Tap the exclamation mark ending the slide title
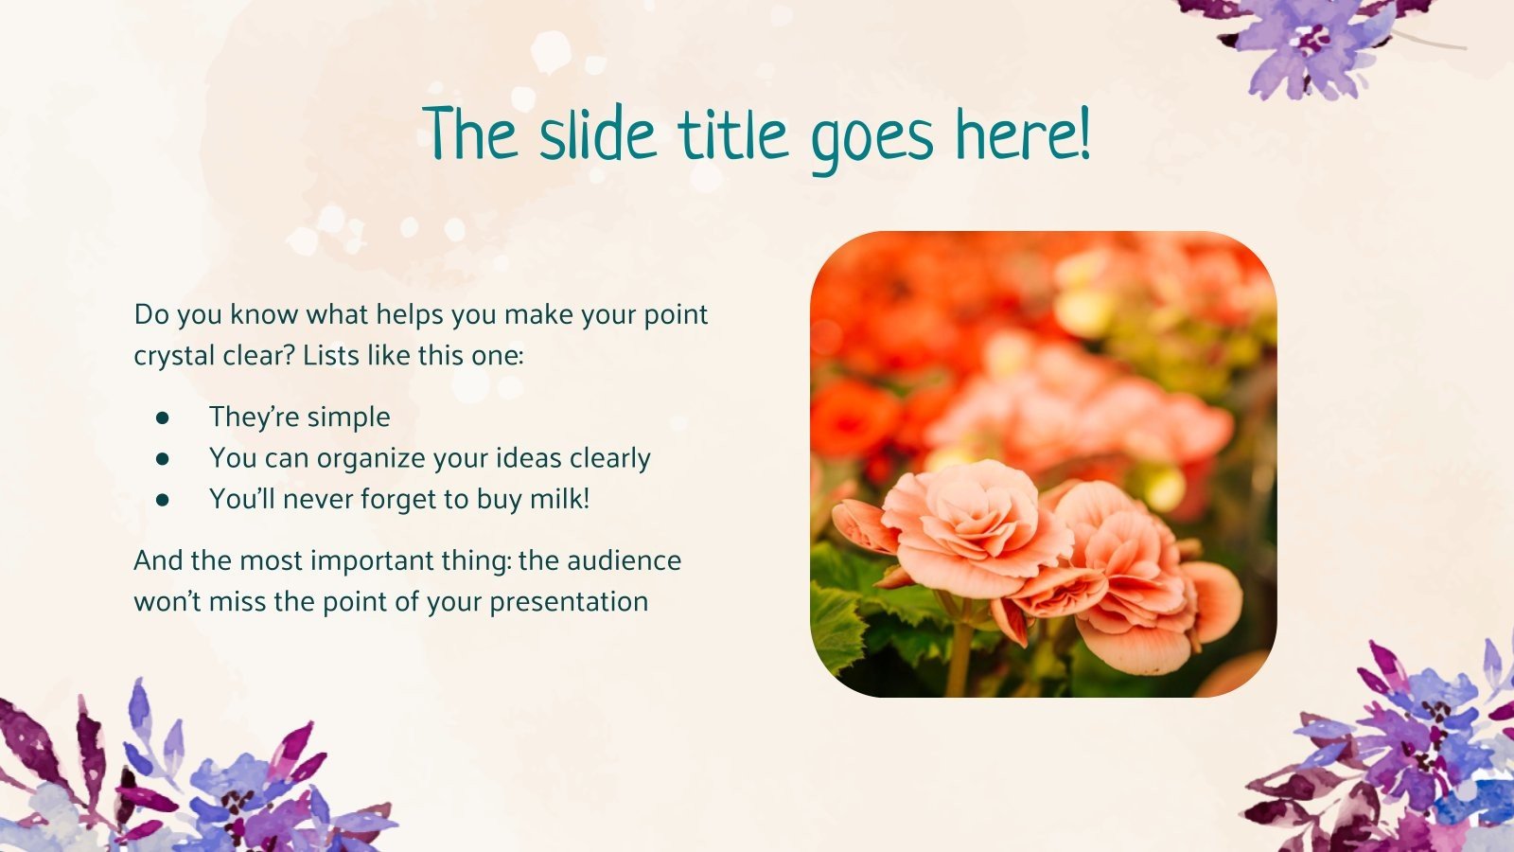coord(1083,135)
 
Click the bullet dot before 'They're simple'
coord(163,417)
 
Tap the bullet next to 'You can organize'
coord(163,458)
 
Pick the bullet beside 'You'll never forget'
coord(163,499)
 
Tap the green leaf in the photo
coord(837,625)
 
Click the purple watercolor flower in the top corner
coord(1311,43)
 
